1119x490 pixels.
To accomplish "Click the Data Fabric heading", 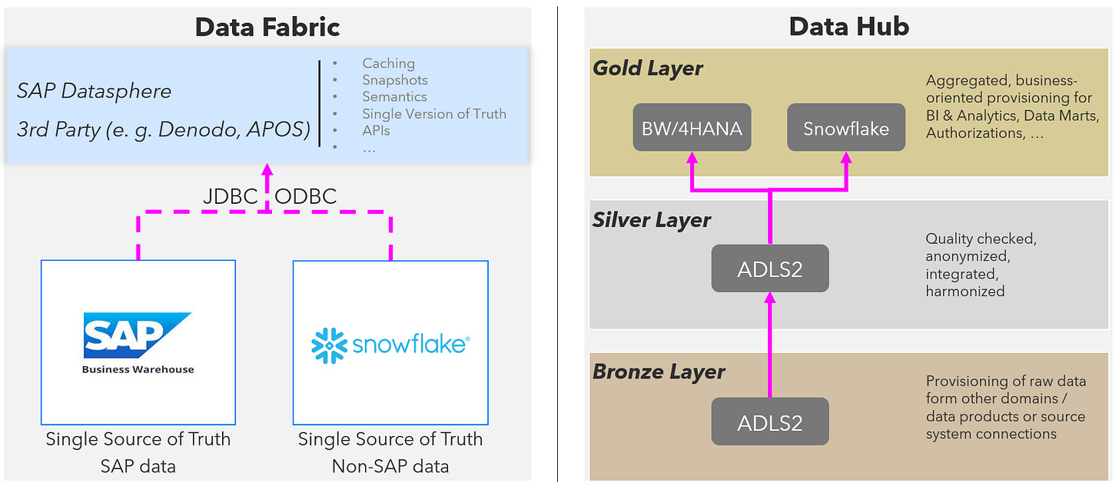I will click(267, 27).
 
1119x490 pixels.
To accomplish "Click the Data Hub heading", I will click(848, 27).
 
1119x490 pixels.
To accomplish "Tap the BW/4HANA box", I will click(692, 128).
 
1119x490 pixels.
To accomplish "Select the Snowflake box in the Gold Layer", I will click(846, 128).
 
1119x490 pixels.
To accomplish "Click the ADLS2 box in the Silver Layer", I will click(769, 268).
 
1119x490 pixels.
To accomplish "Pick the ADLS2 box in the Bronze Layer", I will click(769, 422).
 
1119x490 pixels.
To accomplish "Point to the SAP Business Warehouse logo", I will click(138, 342).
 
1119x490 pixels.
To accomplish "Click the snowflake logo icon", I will click(330, 345).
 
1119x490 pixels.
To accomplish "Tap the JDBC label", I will click(230, 197).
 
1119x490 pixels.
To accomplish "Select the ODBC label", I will click(306, 197).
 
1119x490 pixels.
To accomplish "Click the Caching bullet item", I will click(388, 63).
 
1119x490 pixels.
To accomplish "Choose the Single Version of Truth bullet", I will click(434, 114).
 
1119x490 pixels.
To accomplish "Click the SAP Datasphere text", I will click(94, 91).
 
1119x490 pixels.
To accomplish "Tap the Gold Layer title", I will click(647, 68).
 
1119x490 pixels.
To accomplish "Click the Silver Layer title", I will click(652, 220).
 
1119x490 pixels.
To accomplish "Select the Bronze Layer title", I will click(659, 372).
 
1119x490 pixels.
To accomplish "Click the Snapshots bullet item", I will click(395, 80).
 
